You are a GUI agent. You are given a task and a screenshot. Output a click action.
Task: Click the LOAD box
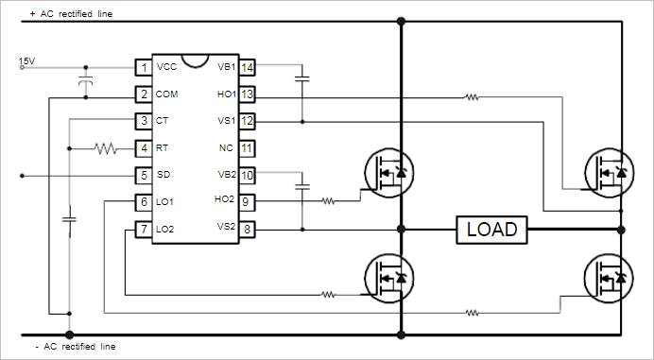tap(491, 230)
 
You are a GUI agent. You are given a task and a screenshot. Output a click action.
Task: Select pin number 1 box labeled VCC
tap(143, 68)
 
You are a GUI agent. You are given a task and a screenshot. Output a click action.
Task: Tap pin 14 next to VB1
tap(247, 67)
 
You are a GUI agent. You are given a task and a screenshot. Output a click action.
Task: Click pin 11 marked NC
tap(247, 148)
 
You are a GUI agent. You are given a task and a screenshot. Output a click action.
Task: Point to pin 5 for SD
tap(143, 176)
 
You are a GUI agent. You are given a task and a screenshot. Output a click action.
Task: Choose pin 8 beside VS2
tap(247, 229)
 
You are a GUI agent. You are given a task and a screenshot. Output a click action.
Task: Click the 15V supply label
tap(26, 62)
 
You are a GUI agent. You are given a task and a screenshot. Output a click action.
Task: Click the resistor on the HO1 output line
tap(471, 95)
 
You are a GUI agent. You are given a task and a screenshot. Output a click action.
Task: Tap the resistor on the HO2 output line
tap(328, 201)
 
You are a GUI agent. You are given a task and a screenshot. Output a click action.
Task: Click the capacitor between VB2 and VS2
tap(302, 187)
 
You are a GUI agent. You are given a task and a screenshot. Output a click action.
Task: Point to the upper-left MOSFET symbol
tap(388, 173)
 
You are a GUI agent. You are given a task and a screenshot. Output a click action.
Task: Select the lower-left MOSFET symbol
tap(388, 278)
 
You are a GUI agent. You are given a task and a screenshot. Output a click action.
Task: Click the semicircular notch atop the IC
tap(195, 61)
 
